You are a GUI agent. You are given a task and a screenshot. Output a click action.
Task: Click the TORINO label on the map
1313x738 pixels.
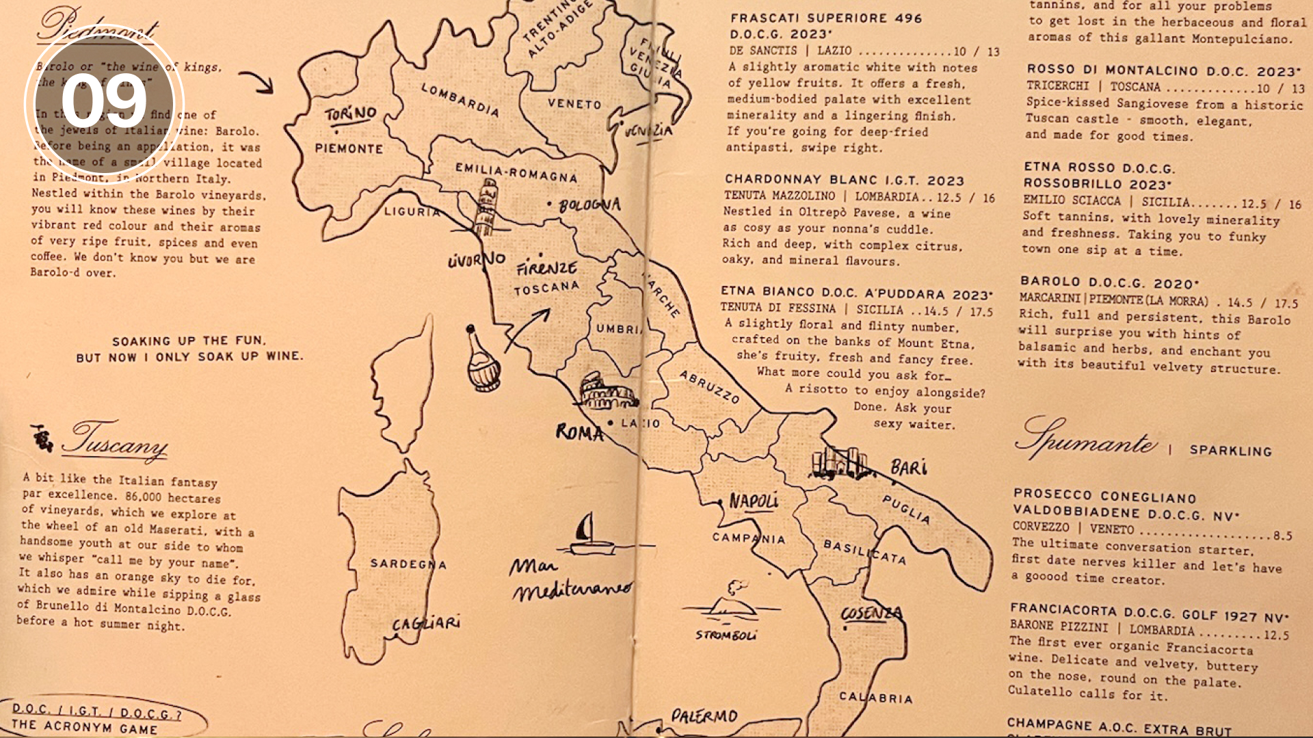coord(350,114)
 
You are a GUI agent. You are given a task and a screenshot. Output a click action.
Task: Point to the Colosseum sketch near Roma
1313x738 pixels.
coord(607,392)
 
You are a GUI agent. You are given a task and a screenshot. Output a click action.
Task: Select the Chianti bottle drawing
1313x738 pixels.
coord(481,360)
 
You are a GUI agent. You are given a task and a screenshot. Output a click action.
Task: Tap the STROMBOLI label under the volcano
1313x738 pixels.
coord(726,635)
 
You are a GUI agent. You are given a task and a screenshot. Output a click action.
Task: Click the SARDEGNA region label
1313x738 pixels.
coord(408,564)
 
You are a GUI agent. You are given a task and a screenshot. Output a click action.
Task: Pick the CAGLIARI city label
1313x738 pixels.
coord(425,623)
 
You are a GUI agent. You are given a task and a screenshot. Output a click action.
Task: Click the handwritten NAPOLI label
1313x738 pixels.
coord(753,501)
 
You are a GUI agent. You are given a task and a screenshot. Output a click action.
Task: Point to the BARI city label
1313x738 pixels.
coord(908,468)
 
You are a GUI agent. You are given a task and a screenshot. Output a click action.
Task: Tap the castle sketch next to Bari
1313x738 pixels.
coord(840,463)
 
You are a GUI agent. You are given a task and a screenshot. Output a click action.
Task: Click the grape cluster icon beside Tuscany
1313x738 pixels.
coord(42,438)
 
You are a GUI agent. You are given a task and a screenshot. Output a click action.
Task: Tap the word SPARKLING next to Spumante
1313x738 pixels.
coord(1230,451)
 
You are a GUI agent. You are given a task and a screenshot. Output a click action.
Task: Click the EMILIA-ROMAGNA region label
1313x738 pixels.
coord(516,172)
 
